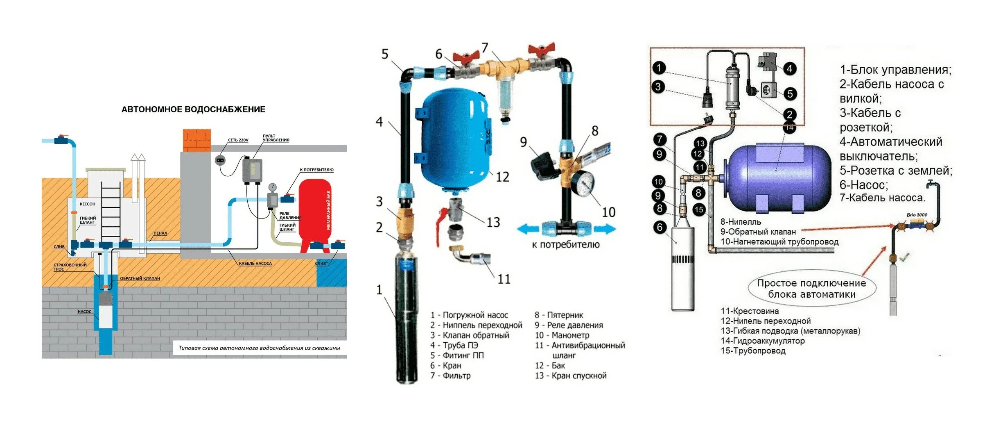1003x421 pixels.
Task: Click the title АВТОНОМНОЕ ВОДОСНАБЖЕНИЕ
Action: click(x=193, y=109)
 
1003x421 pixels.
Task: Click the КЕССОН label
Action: click(x=87, y=204)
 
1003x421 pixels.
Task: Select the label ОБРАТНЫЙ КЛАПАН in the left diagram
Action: click(x=140, y=278)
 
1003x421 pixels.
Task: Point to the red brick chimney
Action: click(x=197, y=140)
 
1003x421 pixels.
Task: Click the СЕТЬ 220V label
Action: click(x=238, y=140)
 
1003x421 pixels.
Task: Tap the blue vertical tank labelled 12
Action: click(x=454, y=139)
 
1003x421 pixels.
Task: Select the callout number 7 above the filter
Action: click(x=485, y=48)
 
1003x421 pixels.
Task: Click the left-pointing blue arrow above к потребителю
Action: click(x=528, y=229)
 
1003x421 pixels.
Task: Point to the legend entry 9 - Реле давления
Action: click(x=569, y=325)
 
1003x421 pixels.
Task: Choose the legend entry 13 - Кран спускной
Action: click(x=571, y=375)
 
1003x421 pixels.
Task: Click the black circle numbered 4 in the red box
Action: click(x=790, y=68)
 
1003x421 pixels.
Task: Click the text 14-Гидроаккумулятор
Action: click(x=762, y=341)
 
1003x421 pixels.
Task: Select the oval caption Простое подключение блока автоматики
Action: click(x=811, y=289)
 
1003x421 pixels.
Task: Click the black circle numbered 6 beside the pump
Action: click(x=660, y=227)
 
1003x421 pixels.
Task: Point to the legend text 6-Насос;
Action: click(x=863, y=185)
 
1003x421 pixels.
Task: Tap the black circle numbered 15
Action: click(x=699, y=209)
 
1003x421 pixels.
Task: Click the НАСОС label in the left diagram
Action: click(x=84, y=312)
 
